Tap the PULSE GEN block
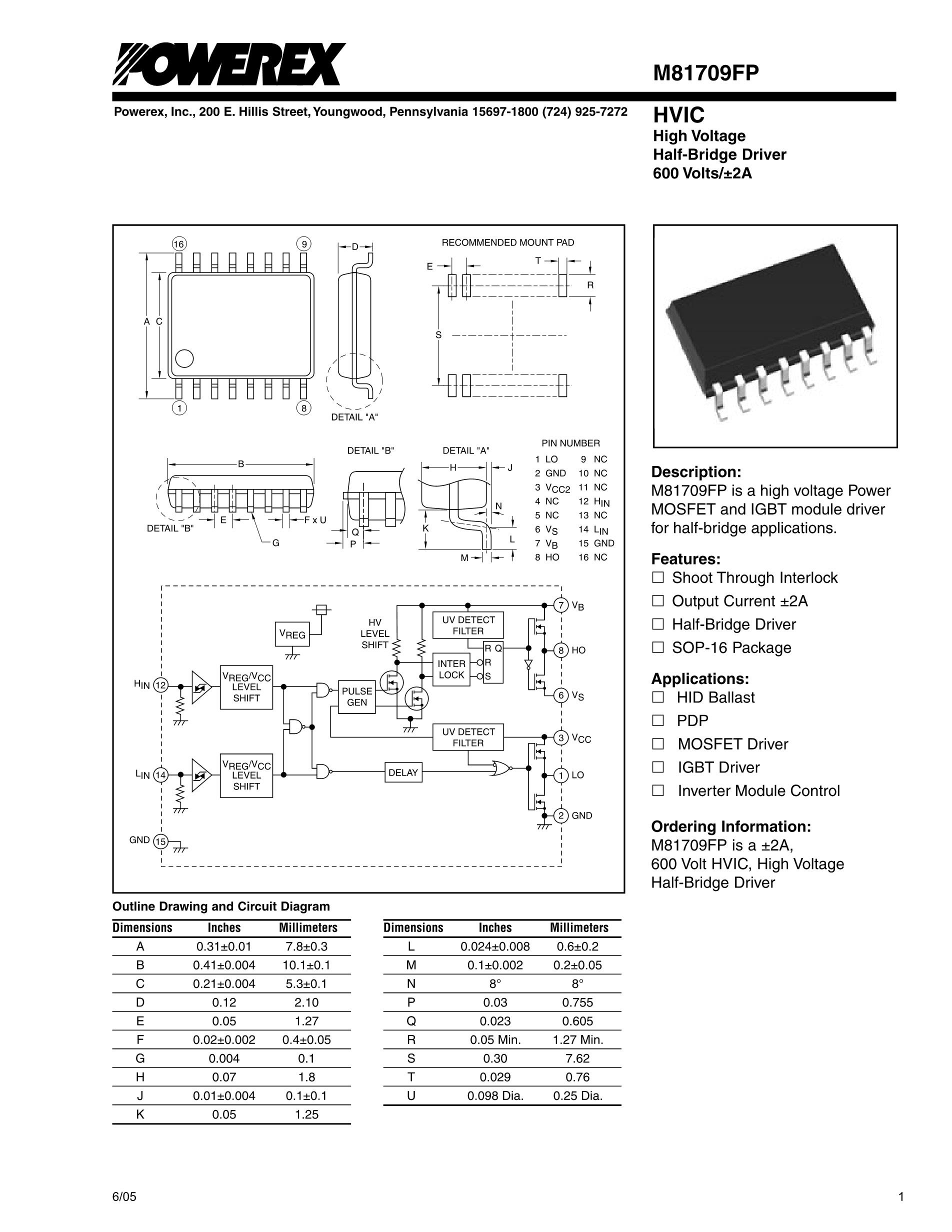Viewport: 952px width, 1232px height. tap(357, 696)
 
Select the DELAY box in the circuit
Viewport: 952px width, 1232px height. tap(402, 772)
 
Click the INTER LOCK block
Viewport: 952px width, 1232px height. tap(451, 669)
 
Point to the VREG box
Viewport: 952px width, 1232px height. tap(292, 634)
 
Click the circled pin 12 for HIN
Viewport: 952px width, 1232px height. tap(160, 685)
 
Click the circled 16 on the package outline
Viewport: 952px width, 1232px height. tap(179, 244)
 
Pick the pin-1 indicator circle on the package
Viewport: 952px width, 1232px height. tap(184, 358)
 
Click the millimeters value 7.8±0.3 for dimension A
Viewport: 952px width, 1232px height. tap(307, 946)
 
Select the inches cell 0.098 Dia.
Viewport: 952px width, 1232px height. tap(494, 1095)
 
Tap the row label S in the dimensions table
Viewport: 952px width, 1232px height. tap(411, 1058)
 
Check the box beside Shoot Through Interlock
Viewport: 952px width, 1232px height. tap(657, 577)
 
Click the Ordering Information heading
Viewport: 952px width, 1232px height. tap(731, 826)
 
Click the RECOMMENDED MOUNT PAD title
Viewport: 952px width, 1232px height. tap(507, 242)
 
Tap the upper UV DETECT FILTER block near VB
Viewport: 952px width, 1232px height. tap(468, 625)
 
